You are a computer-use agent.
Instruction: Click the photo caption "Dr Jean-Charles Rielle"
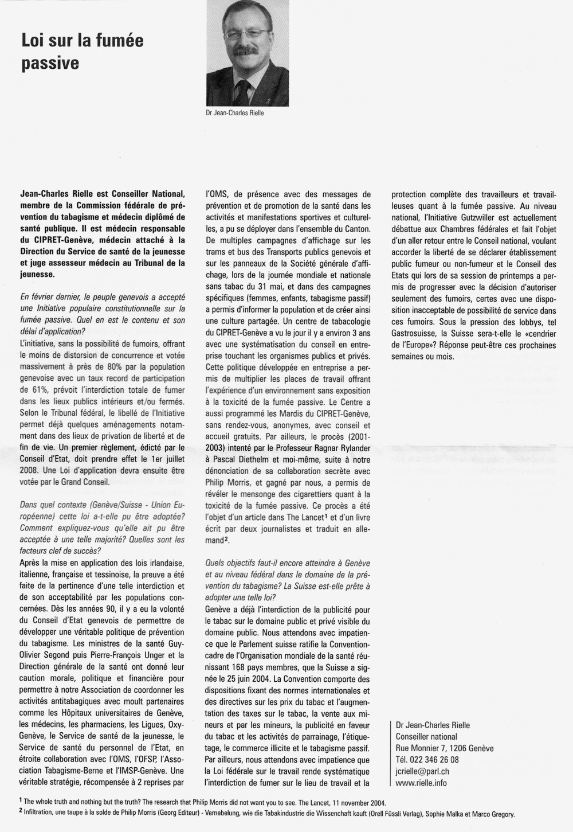(x=235, y=113)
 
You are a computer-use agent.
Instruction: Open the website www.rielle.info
(x=421, y=783)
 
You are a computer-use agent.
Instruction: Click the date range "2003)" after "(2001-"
(x=218, y=448)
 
